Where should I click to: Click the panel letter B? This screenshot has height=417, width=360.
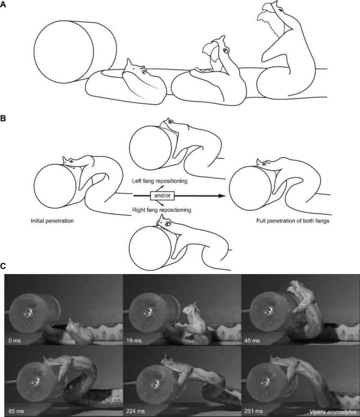(x=3, y=119)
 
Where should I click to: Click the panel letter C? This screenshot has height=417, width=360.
(x=3, y=266)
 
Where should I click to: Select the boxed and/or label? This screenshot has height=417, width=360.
(x=162, y=195)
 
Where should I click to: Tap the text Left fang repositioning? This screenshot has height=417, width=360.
(x=160, y=181)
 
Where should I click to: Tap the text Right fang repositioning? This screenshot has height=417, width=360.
(x=162, y=210)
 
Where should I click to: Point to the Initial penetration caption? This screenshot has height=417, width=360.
(x=52, y=221)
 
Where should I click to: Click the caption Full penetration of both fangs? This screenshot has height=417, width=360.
(x=293, y=221)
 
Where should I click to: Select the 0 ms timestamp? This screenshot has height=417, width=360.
(x=14, y=340)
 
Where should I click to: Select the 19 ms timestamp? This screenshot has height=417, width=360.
(x=134, y=340)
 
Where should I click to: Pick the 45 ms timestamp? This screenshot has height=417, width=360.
(x=252, y=340)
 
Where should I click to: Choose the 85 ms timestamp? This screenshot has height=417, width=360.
(x=16, y=411)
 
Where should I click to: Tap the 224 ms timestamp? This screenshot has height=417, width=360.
(x=136, y=411)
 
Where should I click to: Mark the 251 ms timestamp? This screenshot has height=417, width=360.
(x=253, y=411)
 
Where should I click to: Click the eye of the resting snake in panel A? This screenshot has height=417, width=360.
(x=144, y=72)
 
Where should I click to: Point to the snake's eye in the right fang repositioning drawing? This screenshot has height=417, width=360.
(x=168, y=224)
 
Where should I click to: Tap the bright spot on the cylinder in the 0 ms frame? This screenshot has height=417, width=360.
(x=30, y=312)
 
